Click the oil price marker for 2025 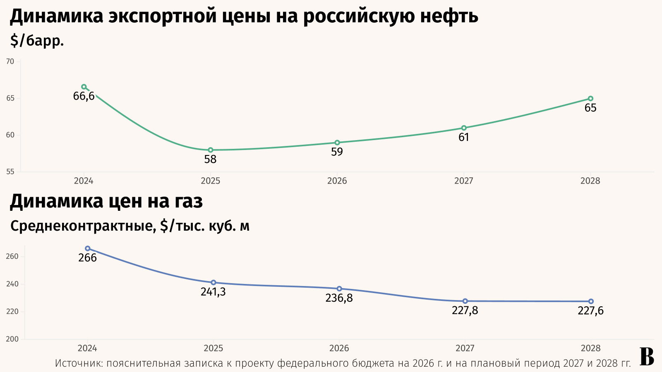point(211,150)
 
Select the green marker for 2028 point(590,99)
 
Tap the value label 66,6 point(84,96)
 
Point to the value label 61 point(464,137)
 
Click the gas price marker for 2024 point(88,248)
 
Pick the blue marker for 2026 point(339,289)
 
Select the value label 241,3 point(213,292)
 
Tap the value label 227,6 point(590,310)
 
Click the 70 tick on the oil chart point(10,62)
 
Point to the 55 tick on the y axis point(10,172)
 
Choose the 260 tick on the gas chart point(12,256)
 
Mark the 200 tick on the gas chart point(12,339)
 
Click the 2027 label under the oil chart point(464,181)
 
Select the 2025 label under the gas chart point(213,348)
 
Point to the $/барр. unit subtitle point(37,41)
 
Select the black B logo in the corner point(647,356)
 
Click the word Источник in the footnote point(79,363)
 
